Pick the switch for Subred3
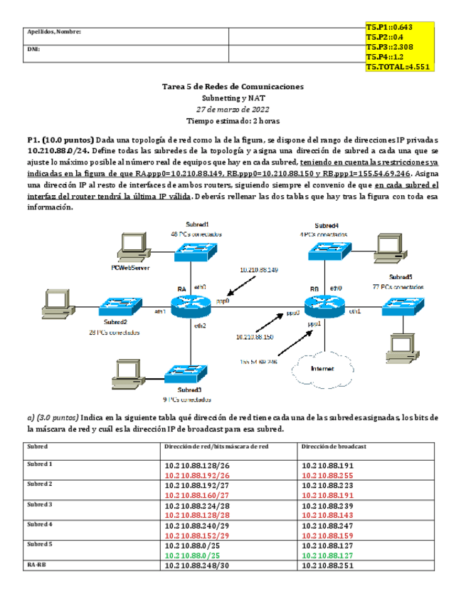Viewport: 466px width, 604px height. tap(186, 375)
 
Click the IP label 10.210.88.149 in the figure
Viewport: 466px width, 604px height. tap(259, 270)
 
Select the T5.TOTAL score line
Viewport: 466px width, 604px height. tap(397, 67)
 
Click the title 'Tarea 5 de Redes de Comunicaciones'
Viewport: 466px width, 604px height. tap(233, 85)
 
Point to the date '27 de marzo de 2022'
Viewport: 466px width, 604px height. tap(233, 109)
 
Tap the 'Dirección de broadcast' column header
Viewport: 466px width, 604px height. tap(334, 447)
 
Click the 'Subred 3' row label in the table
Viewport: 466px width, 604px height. tap(41, 504)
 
